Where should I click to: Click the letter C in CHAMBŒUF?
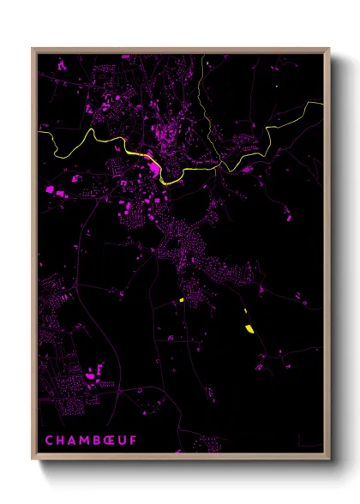pyautogui.click(x=50, y=441)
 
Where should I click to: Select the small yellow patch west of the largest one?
pyautogui.click(x=182, y=300)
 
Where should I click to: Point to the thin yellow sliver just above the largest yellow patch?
pyautogui.click(x=245, y=313)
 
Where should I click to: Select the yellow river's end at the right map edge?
pyautogui.click(x=322, y=103)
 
